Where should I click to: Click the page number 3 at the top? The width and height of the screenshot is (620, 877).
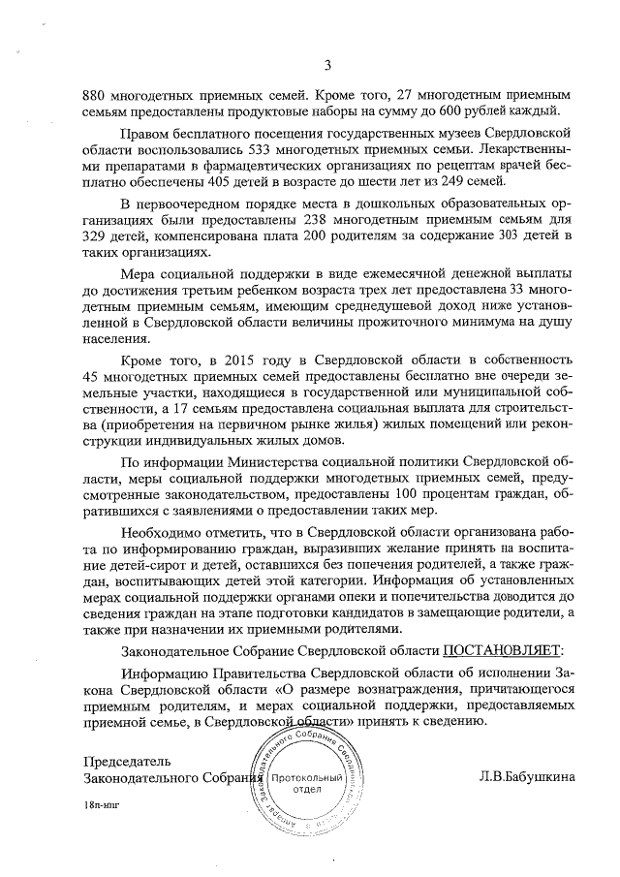[x=326, y=65]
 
